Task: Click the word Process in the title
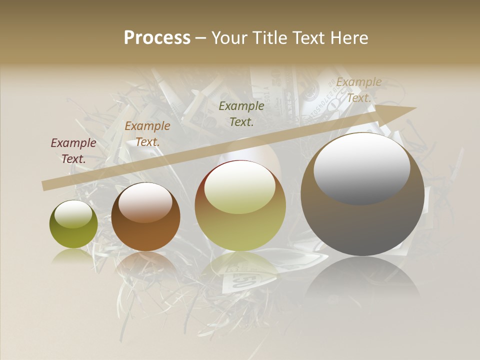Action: click(157, 38)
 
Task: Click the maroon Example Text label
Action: click(73, 150)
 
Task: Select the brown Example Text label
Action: click(147, 134)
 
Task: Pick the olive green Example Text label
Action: click(241, 113)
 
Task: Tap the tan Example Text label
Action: click(358, 90)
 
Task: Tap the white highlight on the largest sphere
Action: click(361, 168)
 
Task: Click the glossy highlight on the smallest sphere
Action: click(73, 214)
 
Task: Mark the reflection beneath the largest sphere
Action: click(362, 277)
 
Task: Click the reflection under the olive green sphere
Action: click(73, 256)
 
